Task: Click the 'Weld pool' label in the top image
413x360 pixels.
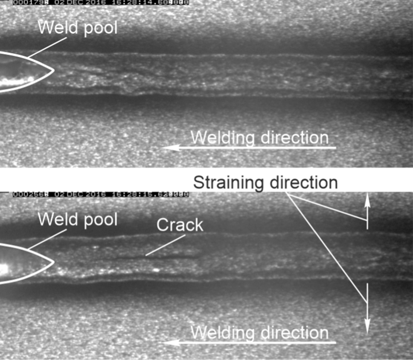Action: [77, 28]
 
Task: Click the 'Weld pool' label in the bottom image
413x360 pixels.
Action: [77, 220]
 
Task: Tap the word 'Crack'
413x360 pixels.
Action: [180, 225]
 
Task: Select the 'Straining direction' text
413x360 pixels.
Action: [265, 182]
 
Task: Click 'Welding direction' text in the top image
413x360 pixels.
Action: [259, 138]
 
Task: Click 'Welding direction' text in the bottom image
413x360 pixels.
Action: [259, 332]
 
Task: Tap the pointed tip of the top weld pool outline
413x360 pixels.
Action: [52, 70]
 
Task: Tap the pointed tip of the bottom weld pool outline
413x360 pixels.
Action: [52, 262]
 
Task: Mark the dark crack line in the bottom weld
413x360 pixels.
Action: [171, 257]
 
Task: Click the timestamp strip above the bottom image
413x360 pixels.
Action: [101, 195]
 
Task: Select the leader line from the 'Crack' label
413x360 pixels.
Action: [161, 247]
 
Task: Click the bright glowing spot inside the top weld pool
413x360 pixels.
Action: [17, 80]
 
